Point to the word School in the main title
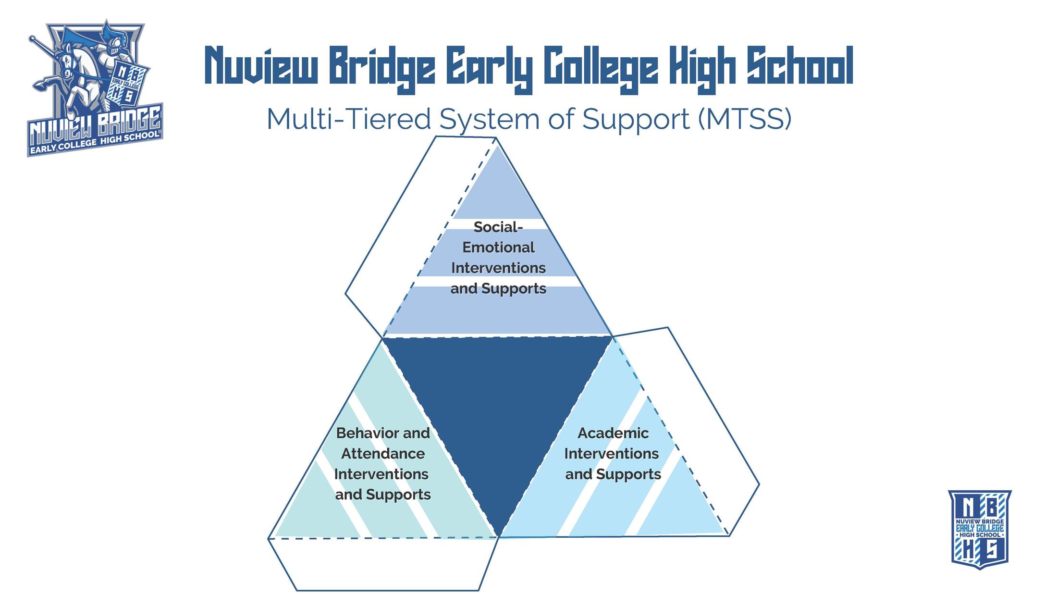tap(799, 65)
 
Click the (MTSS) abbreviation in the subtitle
tap(744, 119)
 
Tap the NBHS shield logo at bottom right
tap(980, 529)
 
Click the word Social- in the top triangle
tap(498, 227)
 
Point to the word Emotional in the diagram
tap(498, 248)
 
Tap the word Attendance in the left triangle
tap(383, 454)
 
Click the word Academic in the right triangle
tap(613, 433)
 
